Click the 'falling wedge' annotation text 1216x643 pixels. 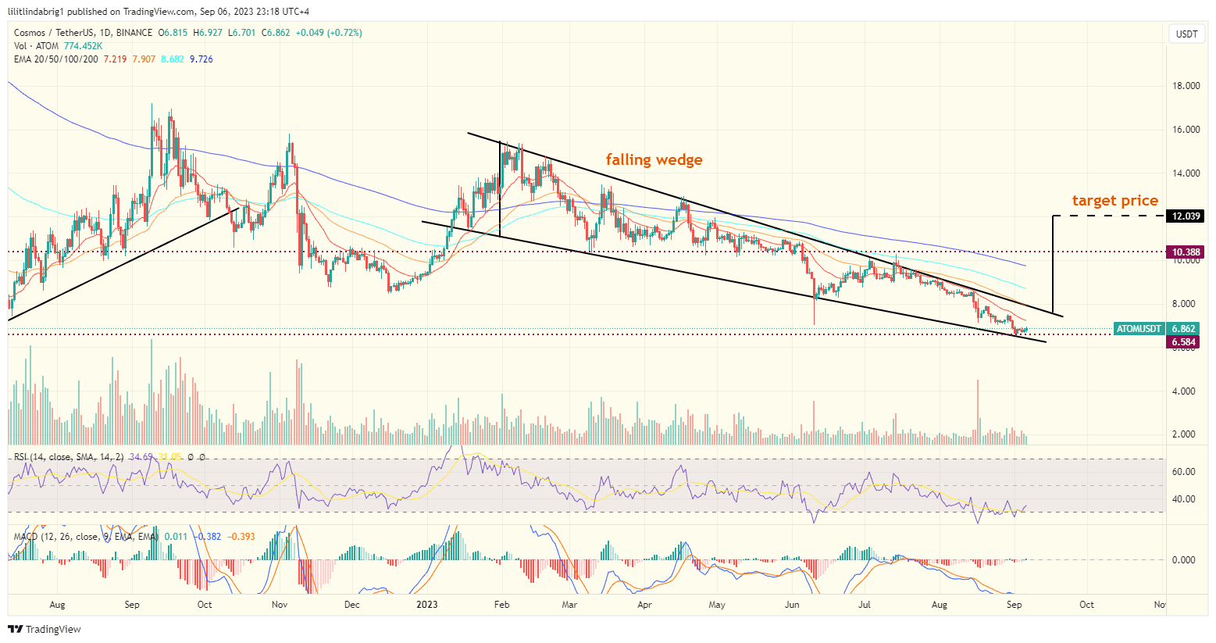pos(654,160)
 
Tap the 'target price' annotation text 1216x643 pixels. pos(1114,201)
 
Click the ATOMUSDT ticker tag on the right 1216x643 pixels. pos(1138,329)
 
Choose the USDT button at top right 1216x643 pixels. pos(1186,34)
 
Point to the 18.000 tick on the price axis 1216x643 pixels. pos(1187,86)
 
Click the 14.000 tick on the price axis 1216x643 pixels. pos(1187,173)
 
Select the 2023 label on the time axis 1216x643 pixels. pos(426,605)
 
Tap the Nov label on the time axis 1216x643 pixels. pos(280,605)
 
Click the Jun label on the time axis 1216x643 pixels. pos(792,605)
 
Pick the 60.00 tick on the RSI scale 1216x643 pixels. pos(1184,472)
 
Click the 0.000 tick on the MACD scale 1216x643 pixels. pos(1184,560)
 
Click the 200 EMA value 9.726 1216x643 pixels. pos(201,59)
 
